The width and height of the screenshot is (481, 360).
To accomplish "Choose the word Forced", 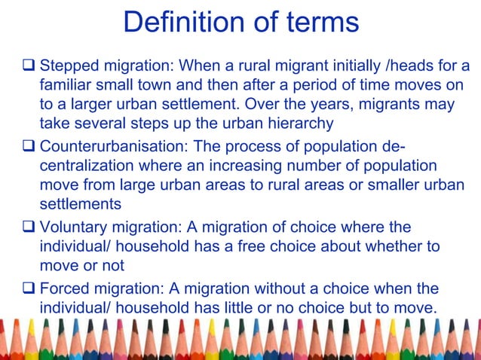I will [x=64, y=289].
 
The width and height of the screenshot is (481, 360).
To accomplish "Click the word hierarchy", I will [x=295, y=123].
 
